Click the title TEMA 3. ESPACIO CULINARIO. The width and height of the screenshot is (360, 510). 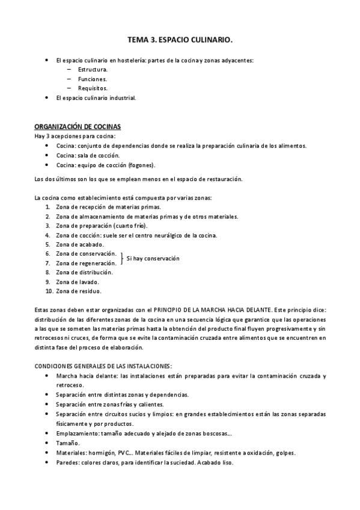[x=180, y=40]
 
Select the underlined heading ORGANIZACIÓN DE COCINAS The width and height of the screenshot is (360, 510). [x=78, y=127]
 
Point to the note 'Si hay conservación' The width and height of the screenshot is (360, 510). [x=153, y=259]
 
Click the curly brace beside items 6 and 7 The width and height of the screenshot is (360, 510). [x=122, y=259]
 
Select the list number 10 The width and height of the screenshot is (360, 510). [x=49, y=291]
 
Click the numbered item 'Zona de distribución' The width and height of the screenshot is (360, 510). [x=84, y=272]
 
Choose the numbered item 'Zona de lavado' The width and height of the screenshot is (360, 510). [x=78, y=281]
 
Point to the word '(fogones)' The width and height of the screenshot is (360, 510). [x=141, y=165]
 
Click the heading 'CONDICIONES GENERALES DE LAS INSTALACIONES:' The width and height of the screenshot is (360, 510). [x=103, y=366]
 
